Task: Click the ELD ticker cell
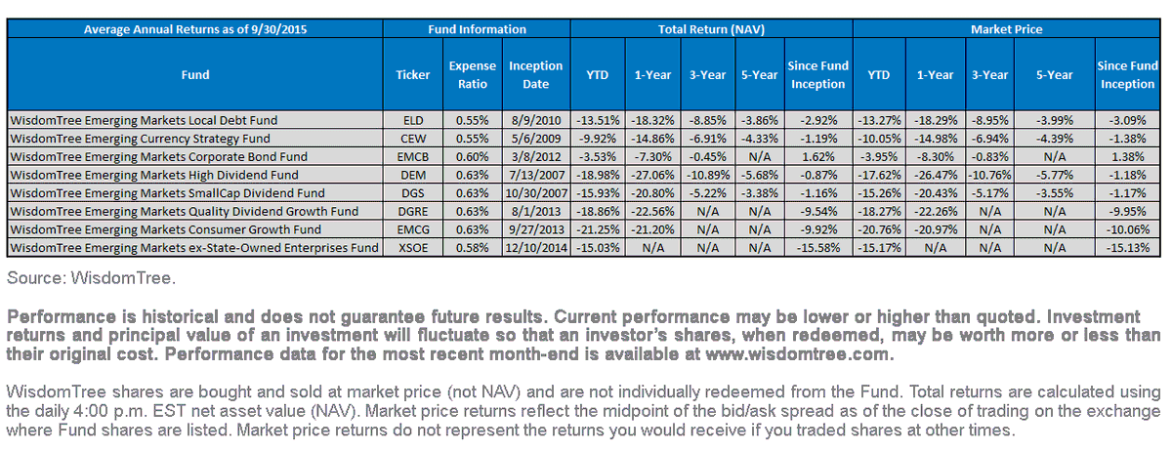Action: point(413,120)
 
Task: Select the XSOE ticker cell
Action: point(413,247)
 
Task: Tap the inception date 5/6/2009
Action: point(536,139)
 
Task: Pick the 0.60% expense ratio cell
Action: point(472,157)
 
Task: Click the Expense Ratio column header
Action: point(472,75)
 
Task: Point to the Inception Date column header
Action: point(536,75)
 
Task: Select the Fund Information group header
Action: point(477,29)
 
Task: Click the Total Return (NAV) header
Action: point(711,29)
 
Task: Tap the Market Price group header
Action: point(1006,29)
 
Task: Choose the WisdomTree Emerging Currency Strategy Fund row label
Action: point(141,139)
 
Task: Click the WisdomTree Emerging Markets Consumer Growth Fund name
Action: point(165,229)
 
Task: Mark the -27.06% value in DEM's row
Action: point(652,176)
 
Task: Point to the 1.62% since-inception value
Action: point(818,157)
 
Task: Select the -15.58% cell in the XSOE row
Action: point(818,247)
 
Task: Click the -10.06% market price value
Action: point(1127,229)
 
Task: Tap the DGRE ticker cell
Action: point(413,211)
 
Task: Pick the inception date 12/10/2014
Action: point(536,247)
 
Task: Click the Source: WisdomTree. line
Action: point(91,278)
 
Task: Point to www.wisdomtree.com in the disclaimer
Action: point(797,354)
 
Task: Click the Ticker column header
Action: point(413,75)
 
